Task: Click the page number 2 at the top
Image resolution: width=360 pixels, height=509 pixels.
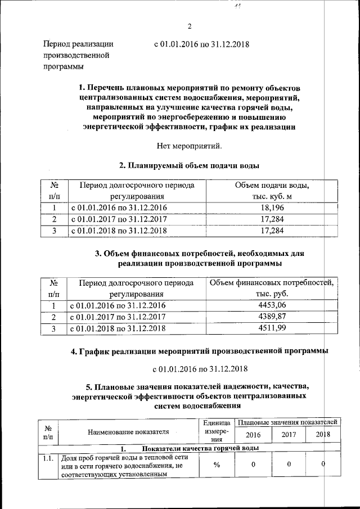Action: pyautogui.click(x=189, y=26)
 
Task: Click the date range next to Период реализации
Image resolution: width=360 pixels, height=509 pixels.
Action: pyautogui.click(x=201, y=44)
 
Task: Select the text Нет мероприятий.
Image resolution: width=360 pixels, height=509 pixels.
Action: pyautogui.click(x=189, y=146)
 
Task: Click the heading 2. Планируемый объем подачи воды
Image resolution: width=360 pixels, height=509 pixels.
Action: pyautogui.click(x=189, y=166)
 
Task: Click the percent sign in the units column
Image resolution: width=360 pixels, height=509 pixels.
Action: pyautogui.click(x=216, y=465)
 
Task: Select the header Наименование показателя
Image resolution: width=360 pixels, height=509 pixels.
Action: pyautogui.click(x=128, y=431)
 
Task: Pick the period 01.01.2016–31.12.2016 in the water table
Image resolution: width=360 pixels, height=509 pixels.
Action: pyautogui.click(x=118, y=208)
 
